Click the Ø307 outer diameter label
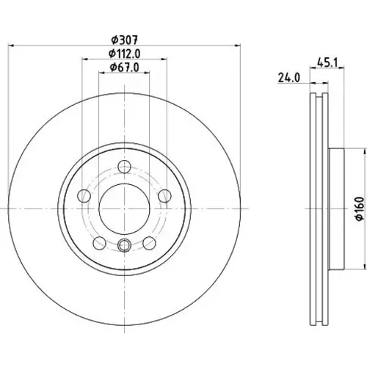(124, 40)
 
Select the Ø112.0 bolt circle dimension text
(124, 54)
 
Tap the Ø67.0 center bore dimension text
(124, 68)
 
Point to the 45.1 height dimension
(327, 63)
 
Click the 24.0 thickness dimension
(288, 78)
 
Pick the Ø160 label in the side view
(360, 208)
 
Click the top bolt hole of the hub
(124, 167)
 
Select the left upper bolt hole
(84, 196)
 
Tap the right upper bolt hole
(164, 196)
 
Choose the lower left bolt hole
(100, 243)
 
